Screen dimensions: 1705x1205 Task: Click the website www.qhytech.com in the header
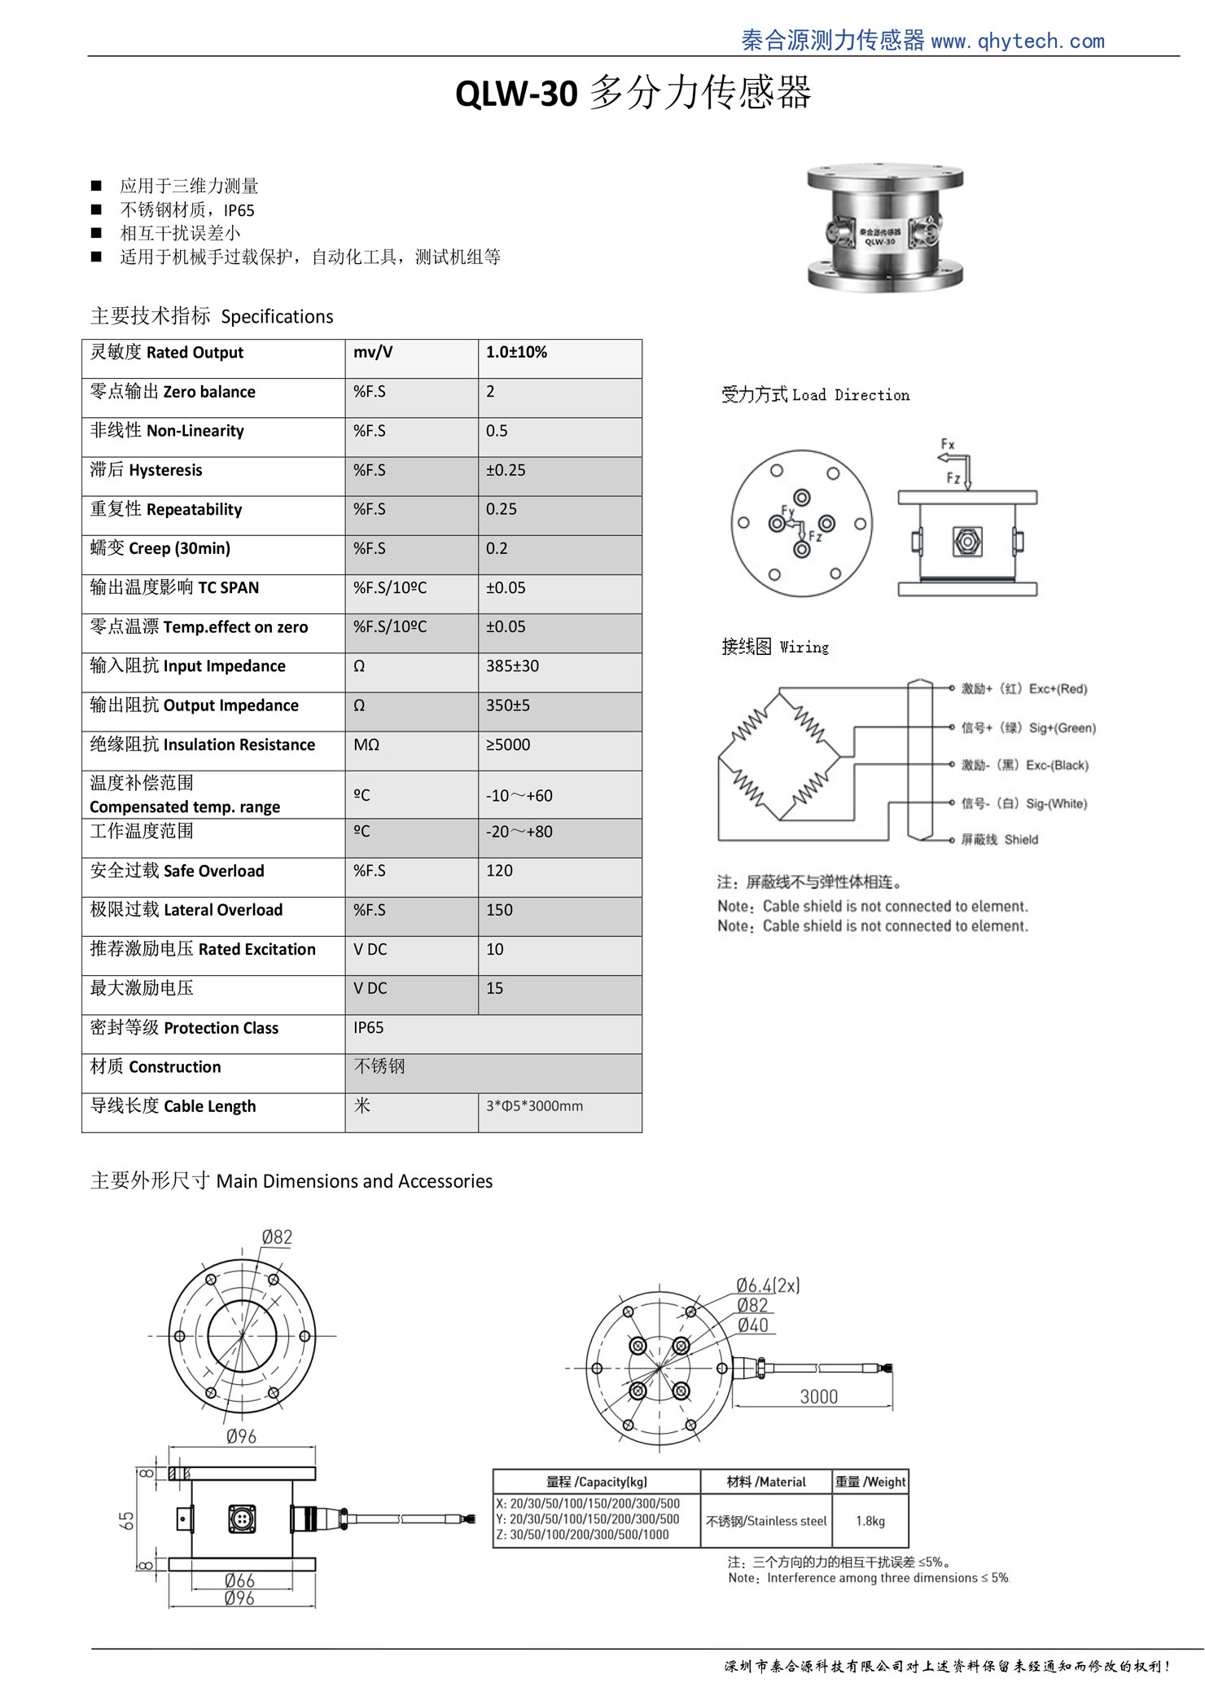pos(1017,41)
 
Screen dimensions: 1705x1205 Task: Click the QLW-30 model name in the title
pos(516,94)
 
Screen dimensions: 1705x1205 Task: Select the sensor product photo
pos(885,227)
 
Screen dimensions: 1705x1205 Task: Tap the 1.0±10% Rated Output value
pos(516,352)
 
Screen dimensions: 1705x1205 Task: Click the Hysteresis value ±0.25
pos(506,470)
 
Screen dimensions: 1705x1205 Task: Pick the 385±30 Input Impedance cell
pos(512,666)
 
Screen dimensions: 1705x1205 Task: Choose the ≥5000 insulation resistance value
pos(507,745)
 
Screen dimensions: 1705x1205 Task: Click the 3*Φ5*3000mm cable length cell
pos(534,1106)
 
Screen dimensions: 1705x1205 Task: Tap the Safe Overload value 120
pos(499,871)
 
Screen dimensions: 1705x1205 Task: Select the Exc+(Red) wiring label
pos(1058,689)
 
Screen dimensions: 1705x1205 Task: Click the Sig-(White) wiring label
pos(1056,804)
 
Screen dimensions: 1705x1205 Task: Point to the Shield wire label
pos(1021,840)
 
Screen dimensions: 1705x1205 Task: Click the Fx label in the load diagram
pos(948,444)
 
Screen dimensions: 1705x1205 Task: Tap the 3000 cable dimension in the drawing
pos(818,1396)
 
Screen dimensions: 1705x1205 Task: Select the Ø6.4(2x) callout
pos(768,1285)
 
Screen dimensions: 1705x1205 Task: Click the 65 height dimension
pos(127,1520)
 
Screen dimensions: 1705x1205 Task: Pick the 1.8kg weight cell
pos(870,1521)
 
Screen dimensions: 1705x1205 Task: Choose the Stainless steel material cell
pos(766,1521)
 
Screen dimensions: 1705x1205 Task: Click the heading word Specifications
pos(277,317)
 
